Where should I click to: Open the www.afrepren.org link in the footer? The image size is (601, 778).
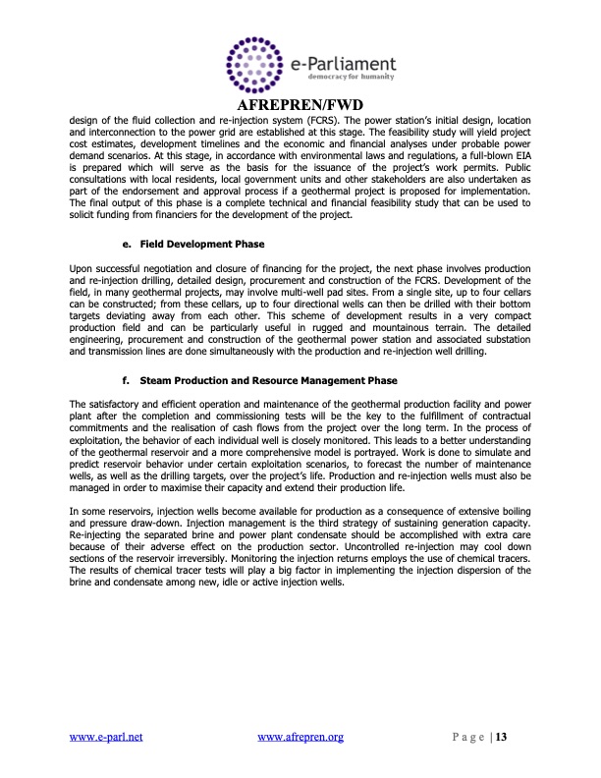click(299, 735)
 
